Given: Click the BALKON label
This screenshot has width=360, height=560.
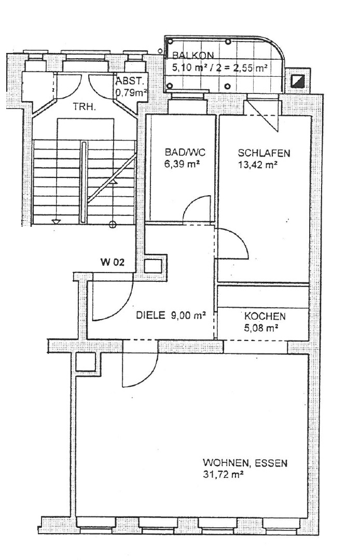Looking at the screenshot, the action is click(193, 56).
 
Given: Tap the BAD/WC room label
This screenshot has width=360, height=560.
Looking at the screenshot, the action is click(185, 153).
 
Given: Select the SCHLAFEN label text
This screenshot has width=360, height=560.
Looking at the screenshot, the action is click(264, 153).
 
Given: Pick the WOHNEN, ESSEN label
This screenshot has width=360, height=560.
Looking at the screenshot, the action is click(245, 463).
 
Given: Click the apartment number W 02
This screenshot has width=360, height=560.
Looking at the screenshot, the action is click(113, 263).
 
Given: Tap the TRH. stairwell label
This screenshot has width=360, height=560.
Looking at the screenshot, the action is click(84, 106).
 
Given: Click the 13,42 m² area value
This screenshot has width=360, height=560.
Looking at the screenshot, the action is click(258, 165).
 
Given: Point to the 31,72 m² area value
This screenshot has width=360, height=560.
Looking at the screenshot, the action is click(223, 475).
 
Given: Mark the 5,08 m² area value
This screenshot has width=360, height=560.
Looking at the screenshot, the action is click(261, 327).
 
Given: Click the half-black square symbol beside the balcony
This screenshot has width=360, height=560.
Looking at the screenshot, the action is click(298, 81).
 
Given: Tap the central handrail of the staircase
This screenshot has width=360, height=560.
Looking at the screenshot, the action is click(84, 182).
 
